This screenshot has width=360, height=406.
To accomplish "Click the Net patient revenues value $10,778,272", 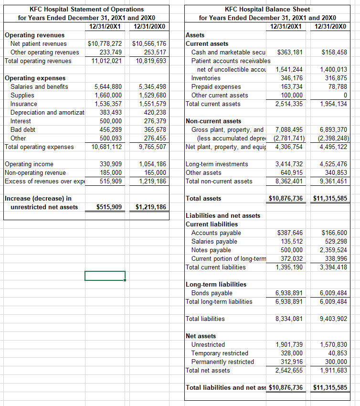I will pyautogui.click(x=105, y=44).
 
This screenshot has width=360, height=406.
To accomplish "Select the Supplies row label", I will pyautogui.click(x=22, y=96).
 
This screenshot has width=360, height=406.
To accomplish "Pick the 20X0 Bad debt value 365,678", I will pyautogui.click(x=151, y=130).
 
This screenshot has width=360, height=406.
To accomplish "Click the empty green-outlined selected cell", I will pyautogui.click(x=105, y=276).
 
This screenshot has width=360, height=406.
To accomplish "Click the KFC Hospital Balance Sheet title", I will pyautogui.click(x=267, y=9).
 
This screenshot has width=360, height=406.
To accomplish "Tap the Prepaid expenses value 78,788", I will pyautogui.click(x=337, y=87).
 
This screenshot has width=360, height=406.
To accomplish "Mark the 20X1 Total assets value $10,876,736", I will pyautogui.click(x=286, y=199).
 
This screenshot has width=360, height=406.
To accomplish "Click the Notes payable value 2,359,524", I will pyautogui.click(x=334, y=250).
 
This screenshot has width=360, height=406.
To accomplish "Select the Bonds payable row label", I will pyautogui.click(x=212, y=293).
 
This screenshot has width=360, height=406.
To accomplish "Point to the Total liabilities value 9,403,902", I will pyautogui.click(x=334, y=319).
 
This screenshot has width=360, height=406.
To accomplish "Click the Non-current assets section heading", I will pyautogui.click(x=213, y=121).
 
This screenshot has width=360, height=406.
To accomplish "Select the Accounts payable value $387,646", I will pyautogui.click(x=290, y=233).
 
